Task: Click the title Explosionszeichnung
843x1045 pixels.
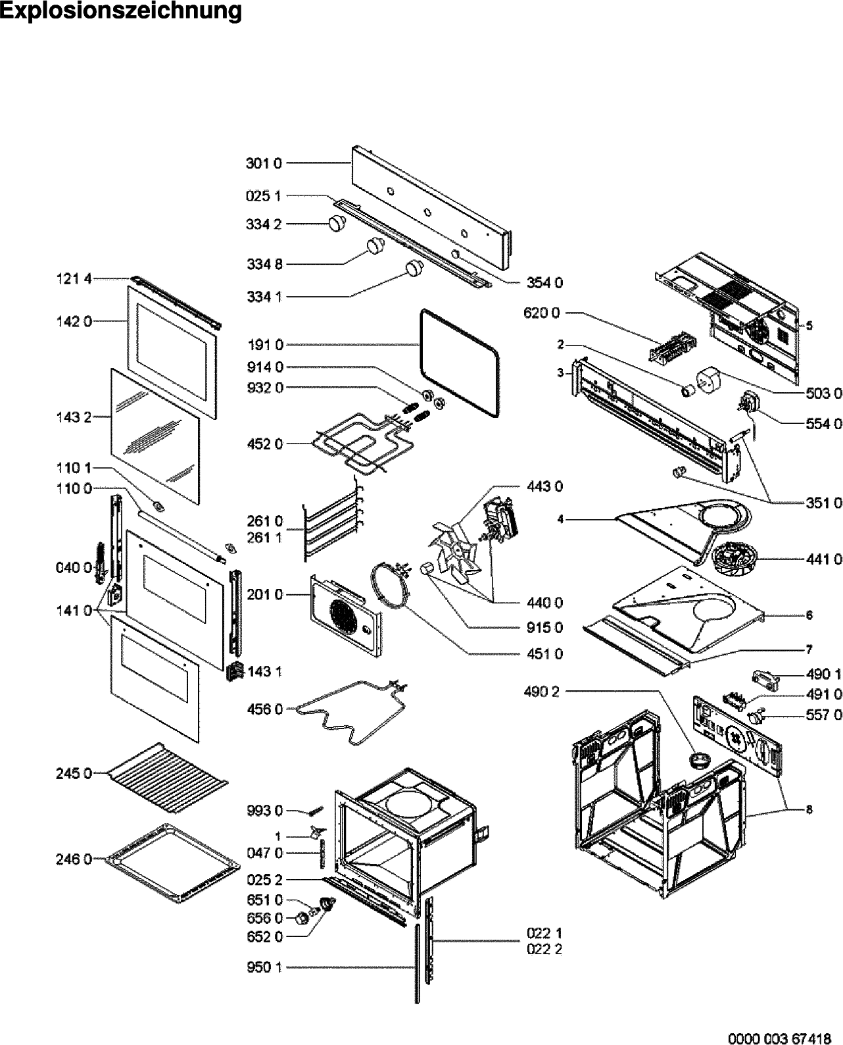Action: (121, 12)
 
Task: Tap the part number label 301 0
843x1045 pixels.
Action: (263, 163)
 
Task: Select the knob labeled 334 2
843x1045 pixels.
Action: (338, 223)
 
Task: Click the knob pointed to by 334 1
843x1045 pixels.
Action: (414, 268)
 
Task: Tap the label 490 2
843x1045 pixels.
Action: (542, 691)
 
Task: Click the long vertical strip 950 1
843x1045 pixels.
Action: (417, 967)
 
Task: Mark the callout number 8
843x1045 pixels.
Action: (809, 810)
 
